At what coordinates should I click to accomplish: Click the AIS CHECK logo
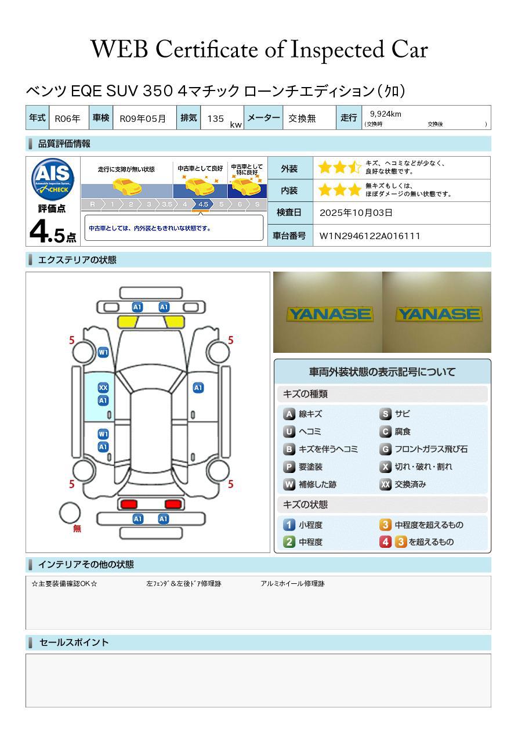(53, 179)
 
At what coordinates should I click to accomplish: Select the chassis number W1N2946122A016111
(370, 236)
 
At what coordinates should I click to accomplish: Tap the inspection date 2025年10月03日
(356, 212)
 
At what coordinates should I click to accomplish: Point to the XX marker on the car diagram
(103, 388)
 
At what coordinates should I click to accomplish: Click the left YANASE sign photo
(328, 313)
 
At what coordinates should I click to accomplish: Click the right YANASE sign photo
(437, 313)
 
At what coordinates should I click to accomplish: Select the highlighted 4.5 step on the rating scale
(203, 204)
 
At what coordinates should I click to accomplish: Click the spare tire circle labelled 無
(70, 513)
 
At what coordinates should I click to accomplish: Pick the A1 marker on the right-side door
(198, 388)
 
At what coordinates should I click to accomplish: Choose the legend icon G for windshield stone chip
(385, 449)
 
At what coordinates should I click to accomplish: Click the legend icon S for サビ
(385, 414)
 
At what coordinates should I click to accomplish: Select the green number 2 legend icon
(289, 542)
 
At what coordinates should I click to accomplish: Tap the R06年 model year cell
(68, 118)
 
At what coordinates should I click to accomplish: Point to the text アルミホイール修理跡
(292, 583)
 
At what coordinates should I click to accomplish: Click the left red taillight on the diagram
(128, 503)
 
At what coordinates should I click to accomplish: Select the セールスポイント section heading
(74, 642)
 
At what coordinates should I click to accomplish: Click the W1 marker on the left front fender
(103, 352)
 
